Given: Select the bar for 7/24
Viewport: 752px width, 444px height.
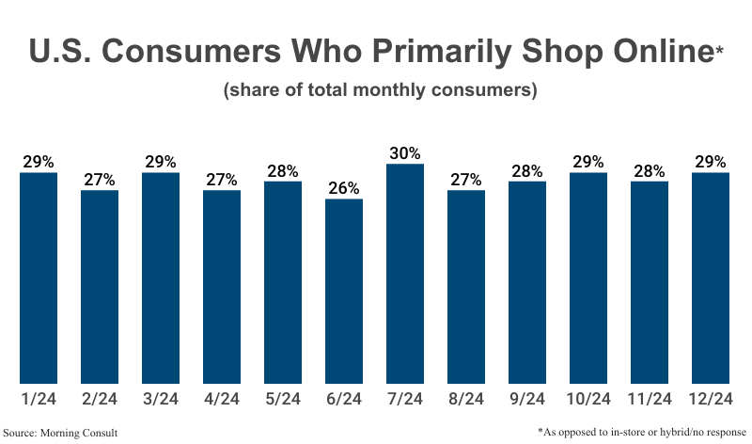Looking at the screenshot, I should [x=405, y=274].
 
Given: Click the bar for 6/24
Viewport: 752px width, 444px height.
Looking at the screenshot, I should [x=344, y=292].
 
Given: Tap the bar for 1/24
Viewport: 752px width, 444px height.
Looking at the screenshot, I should [x=39, y=278].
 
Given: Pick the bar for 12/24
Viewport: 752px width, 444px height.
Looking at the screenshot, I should [x=711, y=278].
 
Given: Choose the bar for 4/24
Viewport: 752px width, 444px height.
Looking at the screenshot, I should [x=222, y=287].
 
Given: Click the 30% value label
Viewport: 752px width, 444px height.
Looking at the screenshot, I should [x=405, y=152].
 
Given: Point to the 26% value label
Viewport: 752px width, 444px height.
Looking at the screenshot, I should [x=344, y=187].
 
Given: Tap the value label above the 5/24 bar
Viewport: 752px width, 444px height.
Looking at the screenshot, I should [x=283, y=170].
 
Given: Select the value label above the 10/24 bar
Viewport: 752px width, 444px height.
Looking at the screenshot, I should [x=588, y=161].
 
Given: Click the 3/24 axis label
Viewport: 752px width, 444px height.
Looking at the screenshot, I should [x=161, y=399].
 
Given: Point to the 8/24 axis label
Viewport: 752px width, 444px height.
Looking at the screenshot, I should [x=466, y=399].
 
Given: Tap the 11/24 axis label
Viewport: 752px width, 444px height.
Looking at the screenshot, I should [x=650, y=399].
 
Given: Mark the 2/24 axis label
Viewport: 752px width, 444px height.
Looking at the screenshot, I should [x=100, y=399].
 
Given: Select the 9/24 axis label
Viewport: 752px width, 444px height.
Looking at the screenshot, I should [x=527, y=399].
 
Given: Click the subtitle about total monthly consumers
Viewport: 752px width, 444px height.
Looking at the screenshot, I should [x=380, y=91].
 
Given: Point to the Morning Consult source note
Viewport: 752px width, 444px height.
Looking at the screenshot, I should [x=66, y=432].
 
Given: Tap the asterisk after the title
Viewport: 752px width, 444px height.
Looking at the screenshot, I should [x=719, y=45].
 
